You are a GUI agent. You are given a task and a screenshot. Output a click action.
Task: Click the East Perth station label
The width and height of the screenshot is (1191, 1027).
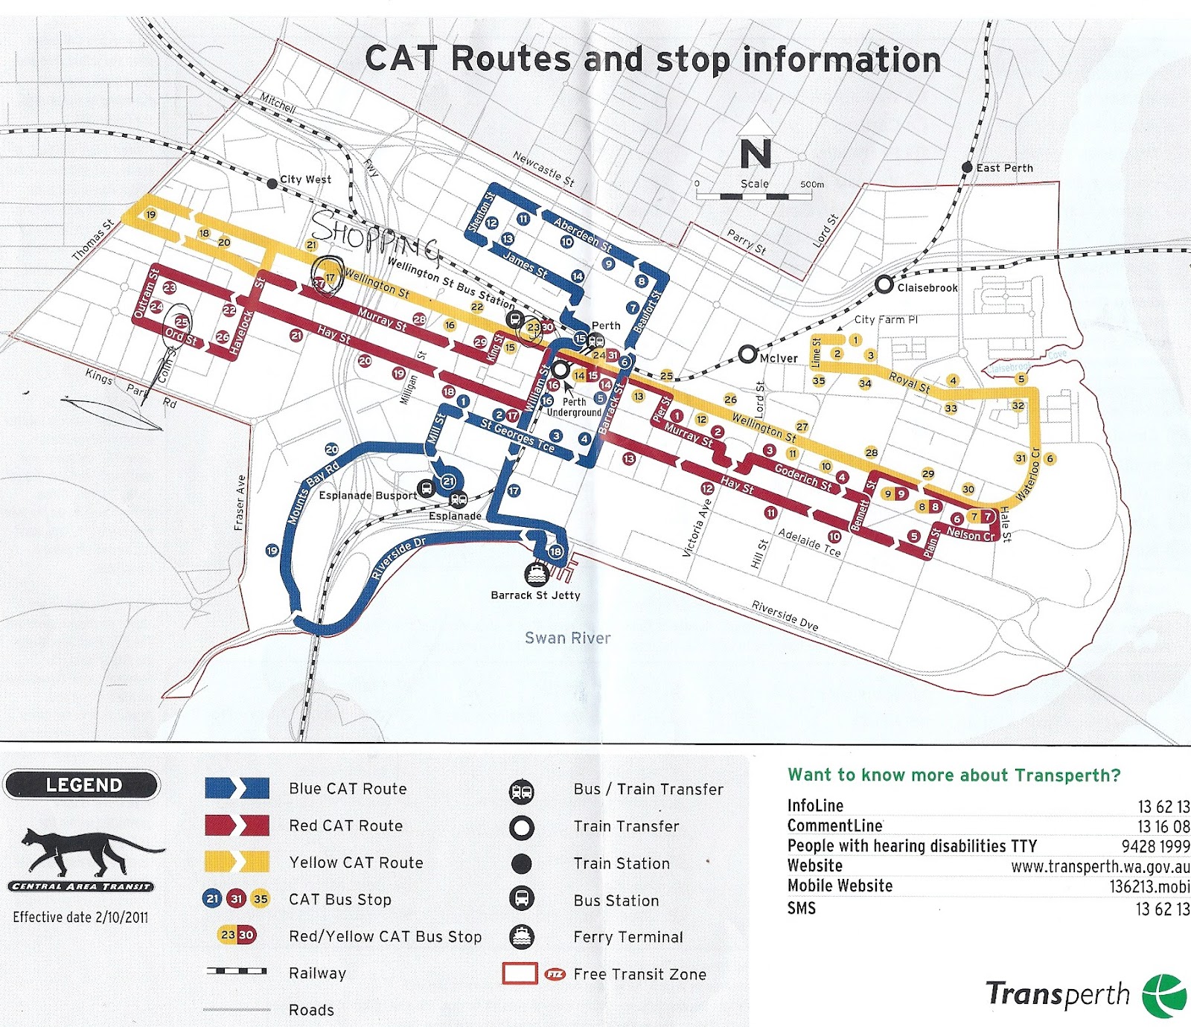pos(1004,168)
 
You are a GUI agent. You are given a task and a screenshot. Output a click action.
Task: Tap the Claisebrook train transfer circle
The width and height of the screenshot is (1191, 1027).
pos(884,284)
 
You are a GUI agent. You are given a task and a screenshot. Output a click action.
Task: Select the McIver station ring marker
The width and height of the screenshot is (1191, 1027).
pos(748,355)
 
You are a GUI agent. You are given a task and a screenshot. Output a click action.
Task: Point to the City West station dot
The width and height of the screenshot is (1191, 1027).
pos(272,183)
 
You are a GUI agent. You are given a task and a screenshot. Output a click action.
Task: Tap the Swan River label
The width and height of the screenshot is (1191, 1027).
pos(567,638)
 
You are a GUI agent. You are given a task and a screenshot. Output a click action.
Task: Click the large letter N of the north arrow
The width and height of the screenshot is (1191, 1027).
pos(756,154)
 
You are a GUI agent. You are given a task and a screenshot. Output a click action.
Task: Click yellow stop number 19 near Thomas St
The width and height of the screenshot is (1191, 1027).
pos(150,215)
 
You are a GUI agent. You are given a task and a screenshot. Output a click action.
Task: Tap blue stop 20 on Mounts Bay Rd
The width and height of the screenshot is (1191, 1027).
pos(331,449)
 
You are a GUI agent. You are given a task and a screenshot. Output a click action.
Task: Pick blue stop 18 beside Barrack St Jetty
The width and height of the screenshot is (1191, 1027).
pos(555,551)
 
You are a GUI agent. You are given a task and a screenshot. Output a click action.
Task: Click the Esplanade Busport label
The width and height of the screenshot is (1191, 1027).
pos(368,496)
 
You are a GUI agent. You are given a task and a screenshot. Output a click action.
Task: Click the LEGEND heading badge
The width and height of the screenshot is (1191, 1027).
pos(83,785)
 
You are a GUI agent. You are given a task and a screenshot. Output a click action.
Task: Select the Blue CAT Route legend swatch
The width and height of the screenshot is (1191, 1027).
pos(237,788)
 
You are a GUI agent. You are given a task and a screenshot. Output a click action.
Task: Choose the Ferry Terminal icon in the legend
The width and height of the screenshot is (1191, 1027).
pos(521,936)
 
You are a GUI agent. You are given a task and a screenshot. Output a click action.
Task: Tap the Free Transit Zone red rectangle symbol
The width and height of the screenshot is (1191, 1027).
pos(520,973)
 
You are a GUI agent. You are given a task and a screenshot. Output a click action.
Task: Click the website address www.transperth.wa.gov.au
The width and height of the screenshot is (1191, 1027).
pos(1099,866)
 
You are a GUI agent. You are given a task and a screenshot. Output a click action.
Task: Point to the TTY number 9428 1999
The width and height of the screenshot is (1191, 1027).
pos(1155,846)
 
